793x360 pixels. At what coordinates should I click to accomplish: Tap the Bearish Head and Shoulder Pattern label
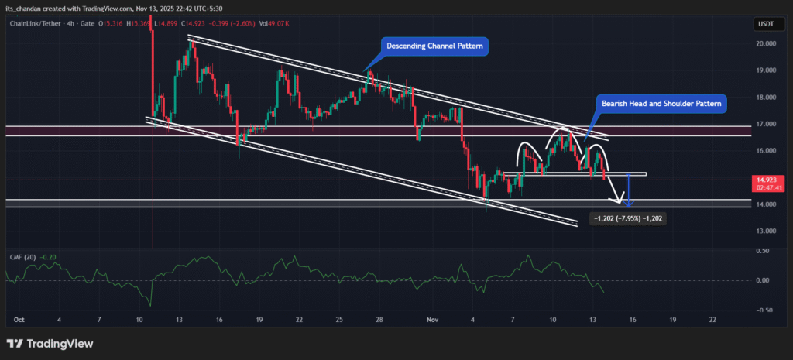(x=662, y=104)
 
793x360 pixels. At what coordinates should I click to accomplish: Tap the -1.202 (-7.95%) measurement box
(x=628, y=219)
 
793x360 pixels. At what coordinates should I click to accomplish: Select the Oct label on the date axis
(x=19, y=319)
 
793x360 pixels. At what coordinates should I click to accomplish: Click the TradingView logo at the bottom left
(x=50, y=343)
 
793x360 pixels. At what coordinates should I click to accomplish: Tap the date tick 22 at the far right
(x=712, y=319)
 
